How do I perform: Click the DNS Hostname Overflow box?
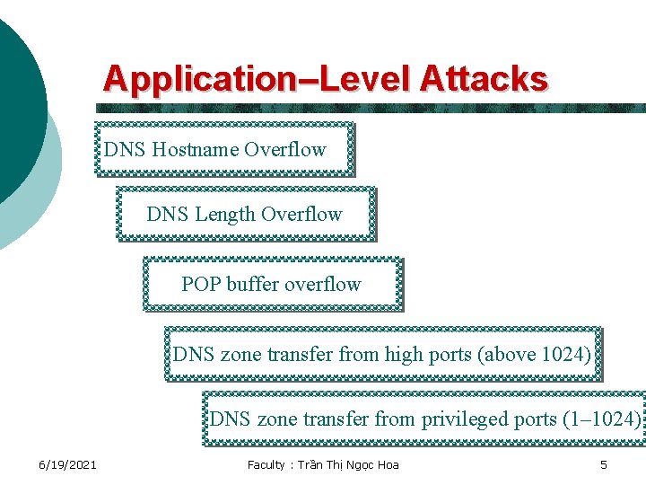[224, 149]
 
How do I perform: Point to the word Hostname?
[196, 149]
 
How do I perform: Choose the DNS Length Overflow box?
[245, 215]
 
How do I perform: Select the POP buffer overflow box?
[272, 285]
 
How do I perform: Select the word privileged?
[466, 419]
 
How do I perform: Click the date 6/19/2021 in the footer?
[67, 464]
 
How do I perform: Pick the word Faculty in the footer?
[267, 464]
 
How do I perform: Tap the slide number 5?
[604, 464]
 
